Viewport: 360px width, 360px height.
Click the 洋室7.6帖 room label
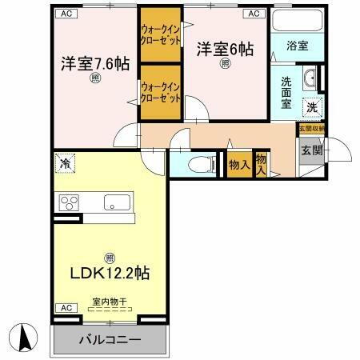coord(94,62)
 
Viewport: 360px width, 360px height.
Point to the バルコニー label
coord(109,340)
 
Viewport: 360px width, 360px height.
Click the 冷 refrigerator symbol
coord(65,164)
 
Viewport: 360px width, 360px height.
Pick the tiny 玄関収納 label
coord(312,128)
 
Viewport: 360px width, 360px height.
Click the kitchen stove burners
coord(68,202)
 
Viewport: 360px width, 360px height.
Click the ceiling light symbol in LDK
coord(110,256)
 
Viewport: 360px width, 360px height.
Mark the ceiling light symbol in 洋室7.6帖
coord(94,78)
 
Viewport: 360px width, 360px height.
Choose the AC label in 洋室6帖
coord(253,14)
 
